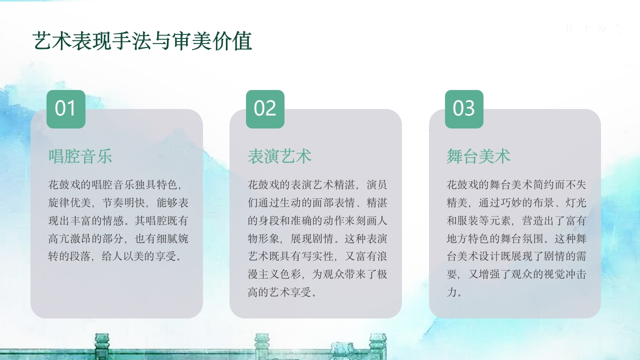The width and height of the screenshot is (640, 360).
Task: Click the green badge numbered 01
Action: [65, 109]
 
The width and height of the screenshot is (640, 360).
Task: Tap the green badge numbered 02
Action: [265, 109]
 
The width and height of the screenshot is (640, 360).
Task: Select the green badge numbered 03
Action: [464, 109]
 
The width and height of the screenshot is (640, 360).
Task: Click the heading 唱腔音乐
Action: [80, 156]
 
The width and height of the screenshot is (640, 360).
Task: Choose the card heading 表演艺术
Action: [279, 156]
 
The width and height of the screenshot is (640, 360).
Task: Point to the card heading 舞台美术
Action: [478, 156]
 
